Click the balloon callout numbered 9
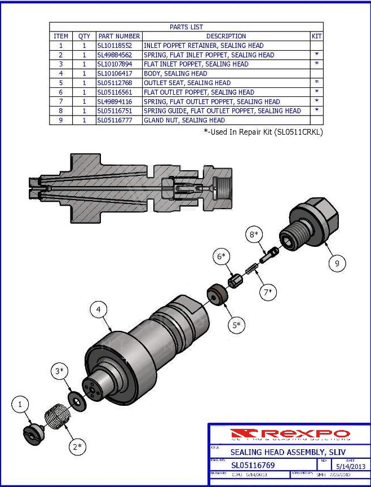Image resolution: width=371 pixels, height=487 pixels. (x=337, y=263)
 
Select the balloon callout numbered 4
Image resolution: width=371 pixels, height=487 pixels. (x=99, y=309)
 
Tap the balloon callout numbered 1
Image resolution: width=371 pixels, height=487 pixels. (x=20, y=404)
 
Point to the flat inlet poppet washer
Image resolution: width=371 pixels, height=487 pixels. (x=74, y=399)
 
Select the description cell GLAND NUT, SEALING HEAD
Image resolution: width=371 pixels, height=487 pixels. (x=184, y=120)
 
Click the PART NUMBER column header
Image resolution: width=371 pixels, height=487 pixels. (x=118, y=36)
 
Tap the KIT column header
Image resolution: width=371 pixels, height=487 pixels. (x=316, y=36)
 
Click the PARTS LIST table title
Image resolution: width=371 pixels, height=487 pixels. (x=186, y=26)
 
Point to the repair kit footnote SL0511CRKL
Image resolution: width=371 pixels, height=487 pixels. (x=263, y=132)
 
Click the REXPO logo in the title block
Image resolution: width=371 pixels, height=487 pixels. (x=290, y=434)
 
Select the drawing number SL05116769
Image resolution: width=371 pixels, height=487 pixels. (x=253, y=465)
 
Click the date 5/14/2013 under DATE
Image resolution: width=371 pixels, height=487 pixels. (x=350, y=466)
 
